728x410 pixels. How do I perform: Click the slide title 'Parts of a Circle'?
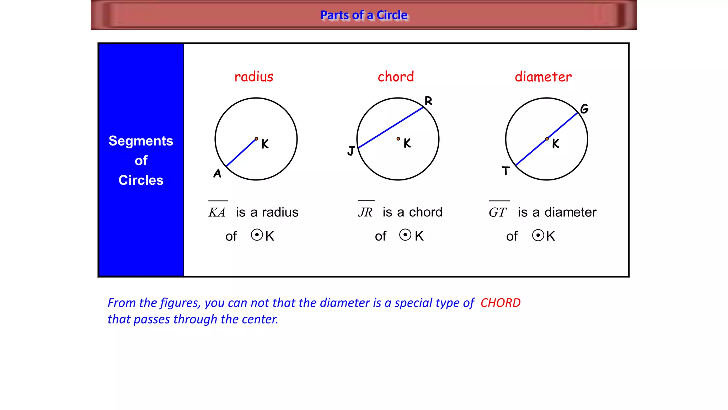tap(364, 15)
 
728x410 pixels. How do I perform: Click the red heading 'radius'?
tap(254, 77)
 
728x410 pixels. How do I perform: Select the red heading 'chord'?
tap(396, 77)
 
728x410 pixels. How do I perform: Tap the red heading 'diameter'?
tap(543, 77)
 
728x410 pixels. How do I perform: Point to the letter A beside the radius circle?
tap(217, 173)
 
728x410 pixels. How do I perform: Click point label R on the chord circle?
tap(428, 101)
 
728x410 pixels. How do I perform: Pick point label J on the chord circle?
tap(351, 151)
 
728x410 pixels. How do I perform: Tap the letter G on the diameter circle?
tap(584, 109)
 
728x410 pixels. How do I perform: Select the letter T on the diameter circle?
tap(506, 171)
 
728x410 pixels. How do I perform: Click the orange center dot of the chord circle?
tap(398, 139)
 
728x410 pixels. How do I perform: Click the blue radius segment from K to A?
tap(241, 153)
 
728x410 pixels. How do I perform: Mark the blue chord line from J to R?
tap(390, 127)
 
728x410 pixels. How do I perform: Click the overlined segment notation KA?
tap(217, 212)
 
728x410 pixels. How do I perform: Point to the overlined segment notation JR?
tap(365, 212)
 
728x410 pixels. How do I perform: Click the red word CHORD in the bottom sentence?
tap(500, 303)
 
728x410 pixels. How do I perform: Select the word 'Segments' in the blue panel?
tap(141, 141)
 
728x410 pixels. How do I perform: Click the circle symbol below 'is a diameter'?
tap(538, 235)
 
